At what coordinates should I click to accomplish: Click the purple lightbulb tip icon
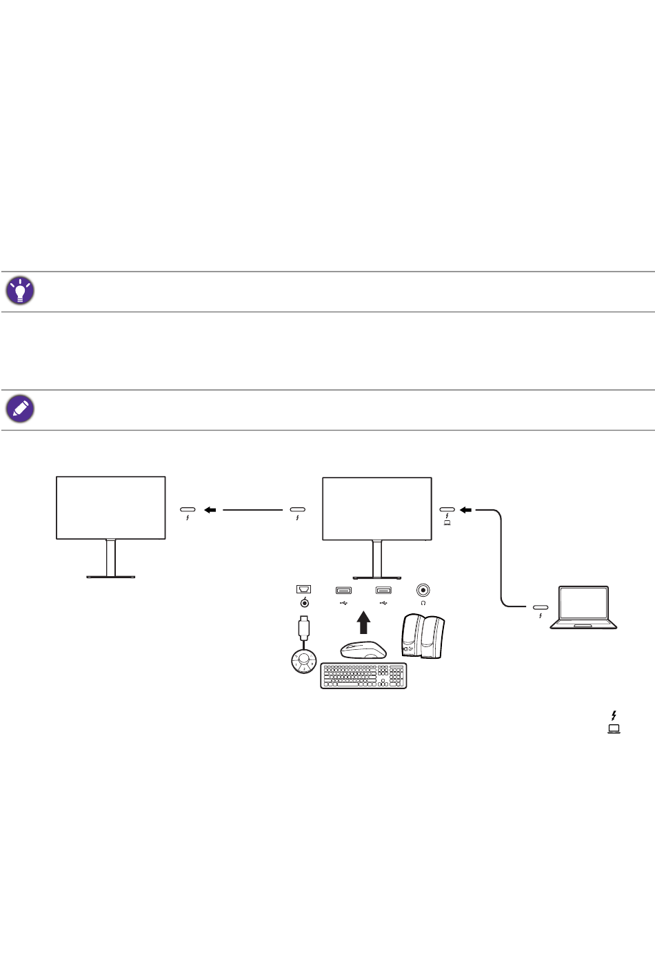coord(20,291)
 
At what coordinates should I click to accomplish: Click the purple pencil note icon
coord(20,409)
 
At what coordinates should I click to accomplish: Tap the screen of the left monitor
coord(110,507)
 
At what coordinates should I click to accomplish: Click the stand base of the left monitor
coord(110,576)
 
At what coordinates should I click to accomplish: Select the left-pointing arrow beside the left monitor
coord(211,510)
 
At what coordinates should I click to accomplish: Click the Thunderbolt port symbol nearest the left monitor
coord(188,511)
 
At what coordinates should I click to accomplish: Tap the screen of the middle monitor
coord(377,508)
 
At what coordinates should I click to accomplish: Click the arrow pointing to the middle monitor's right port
coord(467,510)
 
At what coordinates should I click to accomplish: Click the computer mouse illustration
coord(363,650)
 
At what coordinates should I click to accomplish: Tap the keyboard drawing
coord(363,675)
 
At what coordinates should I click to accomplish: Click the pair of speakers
coord(423,636)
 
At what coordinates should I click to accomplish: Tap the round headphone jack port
coord(423,590)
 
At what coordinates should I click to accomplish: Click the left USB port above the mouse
coord(343,590)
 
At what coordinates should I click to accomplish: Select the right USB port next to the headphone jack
coord(383,590)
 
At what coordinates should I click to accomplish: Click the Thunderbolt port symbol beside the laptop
coord(540,608)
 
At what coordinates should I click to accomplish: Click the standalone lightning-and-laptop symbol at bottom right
coord(614,722)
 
